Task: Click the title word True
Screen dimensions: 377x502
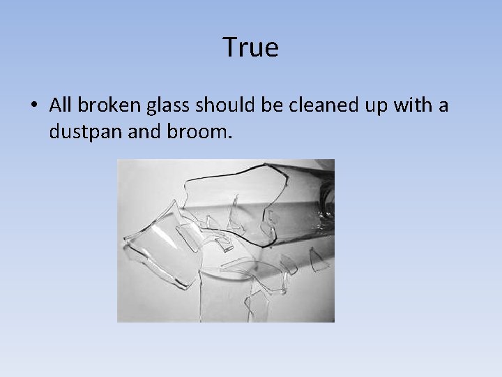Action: tap(251, 47)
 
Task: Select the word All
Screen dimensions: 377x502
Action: tap(61, 105)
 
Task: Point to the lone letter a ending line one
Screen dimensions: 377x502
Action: tap(443, 107)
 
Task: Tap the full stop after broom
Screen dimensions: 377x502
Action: tap(227, 135)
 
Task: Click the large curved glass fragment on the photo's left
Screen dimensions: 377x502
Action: tap(160, 244)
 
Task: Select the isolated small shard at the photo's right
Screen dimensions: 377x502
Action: tap(319, 262)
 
